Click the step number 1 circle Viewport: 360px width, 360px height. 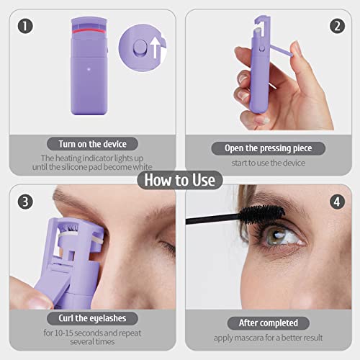coord(26,27)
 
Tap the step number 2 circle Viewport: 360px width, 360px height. coord(336,27)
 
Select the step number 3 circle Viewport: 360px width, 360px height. coord(26,202)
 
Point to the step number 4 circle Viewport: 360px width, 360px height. coord(336,202)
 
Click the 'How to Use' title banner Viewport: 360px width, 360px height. coord(179,179)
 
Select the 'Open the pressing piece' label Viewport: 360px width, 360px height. coord(268,148)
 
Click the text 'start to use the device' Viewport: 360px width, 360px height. coord(268,163)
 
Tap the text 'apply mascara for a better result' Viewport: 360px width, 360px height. coord(267,337)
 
